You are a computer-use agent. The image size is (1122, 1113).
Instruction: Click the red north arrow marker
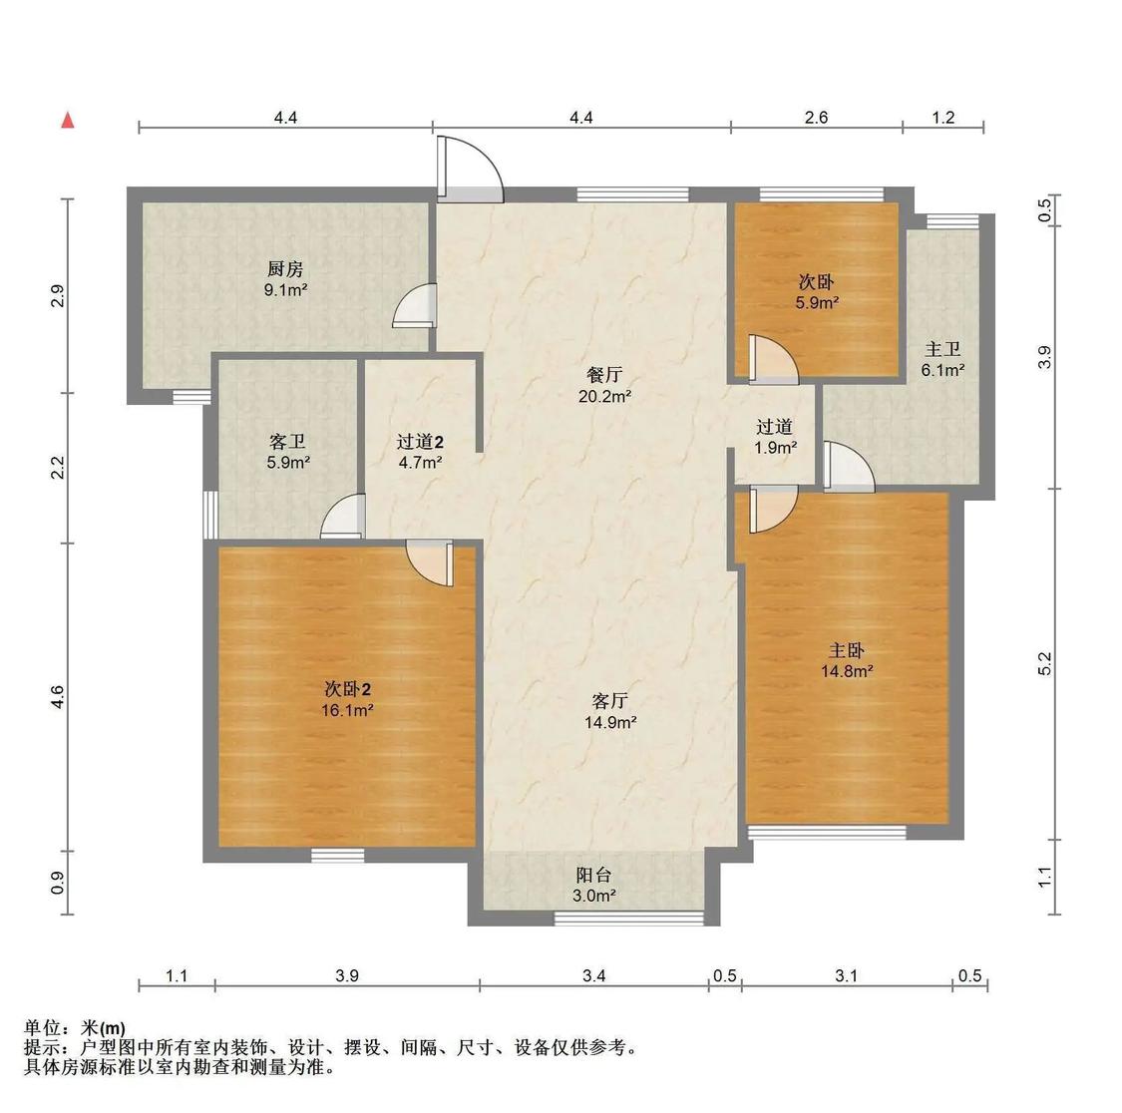68,121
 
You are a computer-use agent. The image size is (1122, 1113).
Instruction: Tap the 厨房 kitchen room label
284,269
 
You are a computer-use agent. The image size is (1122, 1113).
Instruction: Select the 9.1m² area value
285,290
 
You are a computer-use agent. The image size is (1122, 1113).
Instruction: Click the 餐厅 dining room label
604,375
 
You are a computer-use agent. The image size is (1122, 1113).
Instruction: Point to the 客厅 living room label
609,701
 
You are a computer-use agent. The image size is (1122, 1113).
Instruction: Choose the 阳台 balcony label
593,875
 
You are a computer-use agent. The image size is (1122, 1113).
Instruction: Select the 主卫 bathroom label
942,349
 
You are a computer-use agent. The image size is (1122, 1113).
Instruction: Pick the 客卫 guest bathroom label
287,441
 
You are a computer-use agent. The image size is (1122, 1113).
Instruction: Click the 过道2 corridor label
419,441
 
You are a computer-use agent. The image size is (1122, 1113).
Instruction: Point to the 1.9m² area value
775,448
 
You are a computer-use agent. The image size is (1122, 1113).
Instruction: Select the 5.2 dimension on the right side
1044,664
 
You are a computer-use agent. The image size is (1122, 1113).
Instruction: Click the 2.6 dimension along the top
816,118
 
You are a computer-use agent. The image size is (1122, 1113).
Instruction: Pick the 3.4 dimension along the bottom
593,976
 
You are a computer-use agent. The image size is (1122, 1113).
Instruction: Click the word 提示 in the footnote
43,1048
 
